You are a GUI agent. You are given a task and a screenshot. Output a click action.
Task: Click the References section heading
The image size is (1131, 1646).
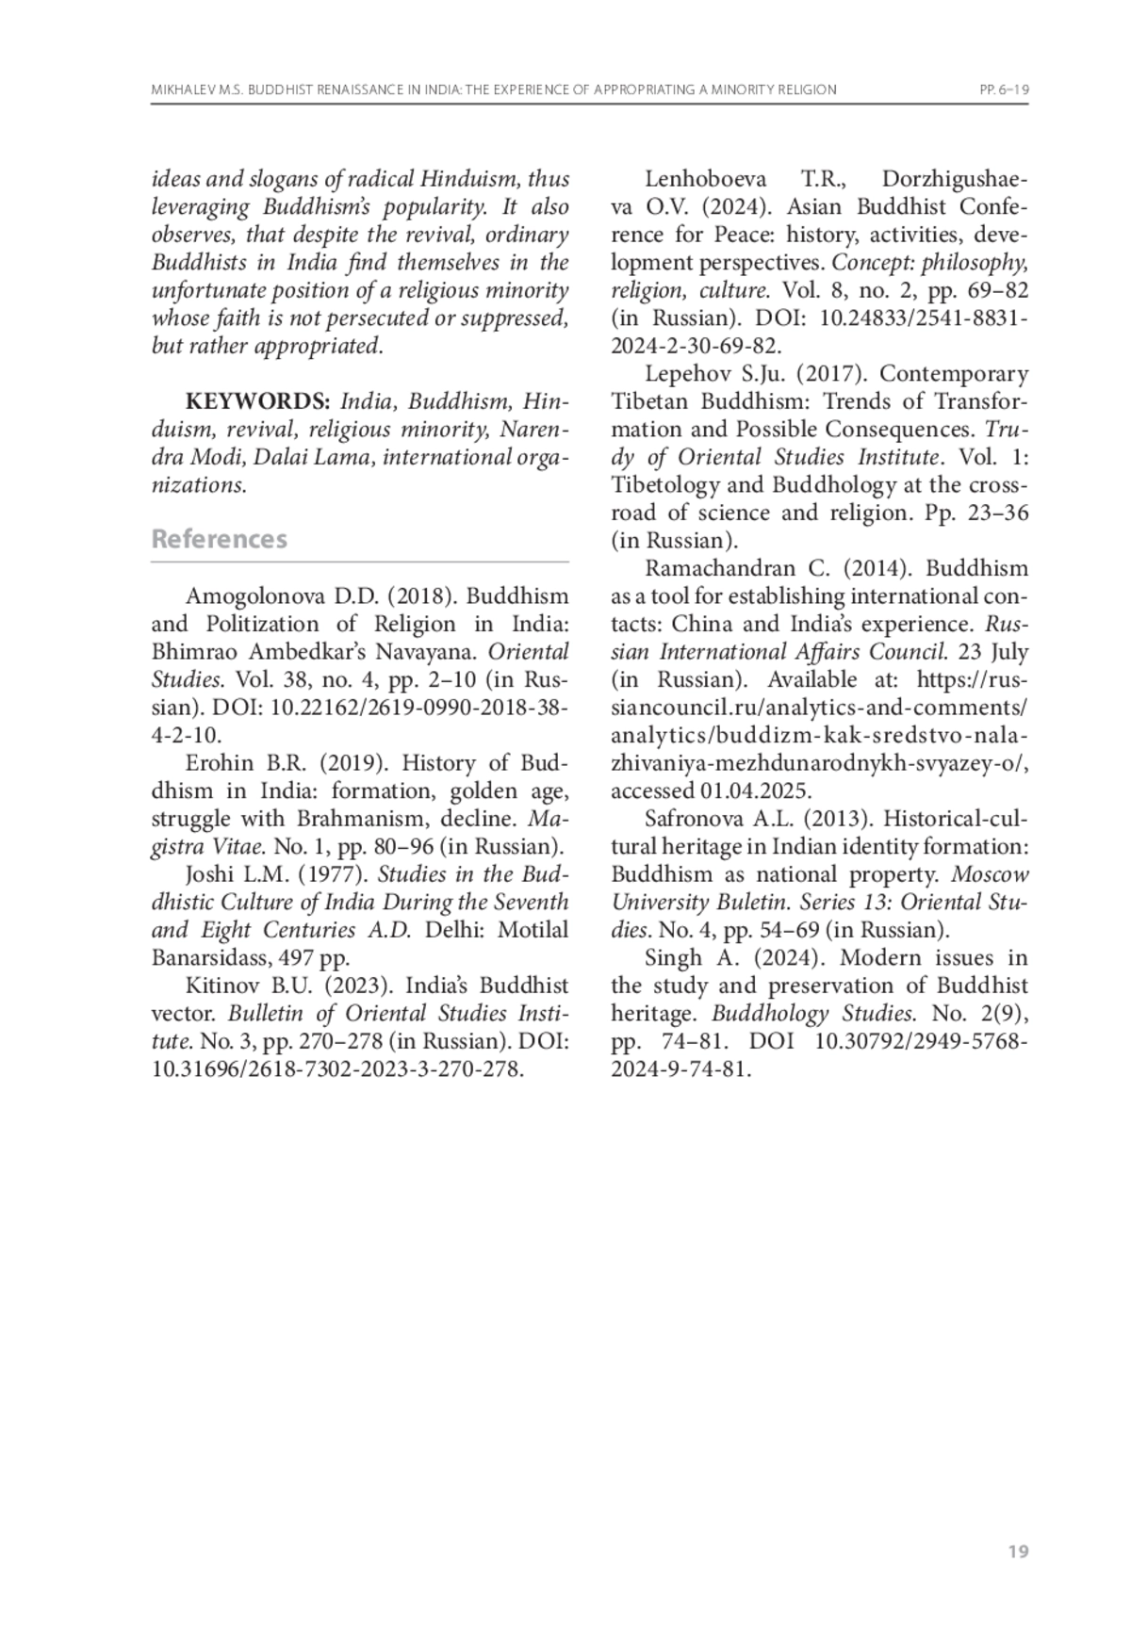(x=219, y=539)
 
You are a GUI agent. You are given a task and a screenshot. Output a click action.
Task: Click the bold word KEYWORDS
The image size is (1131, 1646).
(x=257, y=401)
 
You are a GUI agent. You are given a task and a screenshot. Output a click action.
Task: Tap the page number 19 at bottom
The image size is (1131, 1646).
(x=1018, y=1552)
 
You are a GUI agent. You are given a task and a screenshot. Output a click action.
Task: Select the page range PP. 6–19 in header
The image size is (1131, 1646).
(x=1003, y=90)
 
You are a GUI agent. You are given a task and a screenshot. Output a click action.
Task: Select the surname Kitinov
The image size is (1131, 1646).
(x=220, y=986)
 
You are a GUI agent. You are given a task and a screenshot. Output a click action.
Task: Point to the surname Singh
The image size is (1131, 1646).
(x=671, y=958)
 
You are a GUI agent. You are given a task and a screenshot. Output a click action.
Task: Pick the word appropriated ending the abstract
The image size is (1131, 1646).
(x=327, y=346)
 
